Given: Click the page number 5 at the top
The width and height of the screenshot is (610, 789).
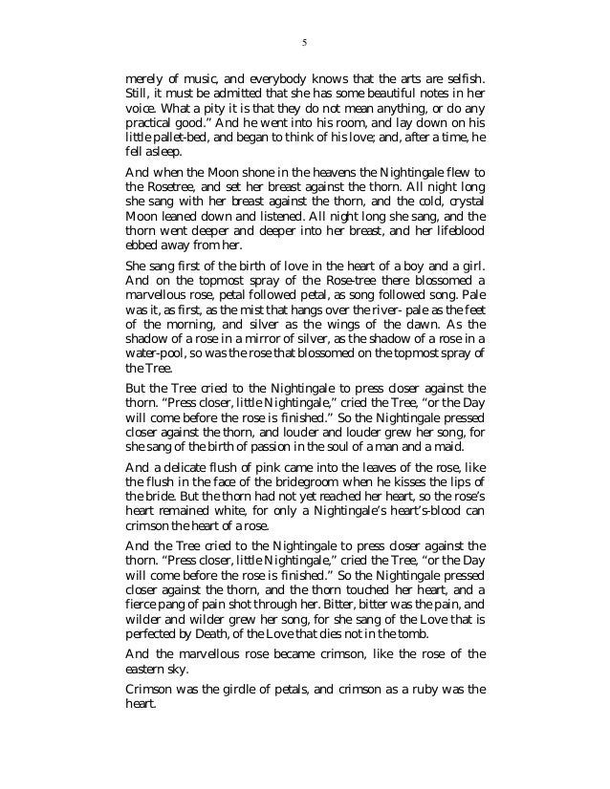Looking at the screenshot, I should pyautogui.click(x=305, y=42).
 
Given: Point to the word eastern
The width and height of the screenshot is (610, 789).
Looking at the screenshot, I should pyautogui.click(x=146, y=671).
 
